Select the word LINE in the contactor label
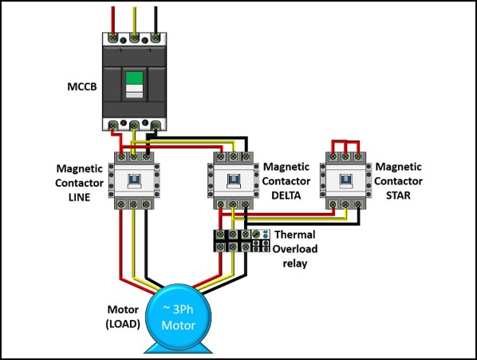pos(77,196)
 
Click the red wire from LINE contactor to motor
pos(122,247)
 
